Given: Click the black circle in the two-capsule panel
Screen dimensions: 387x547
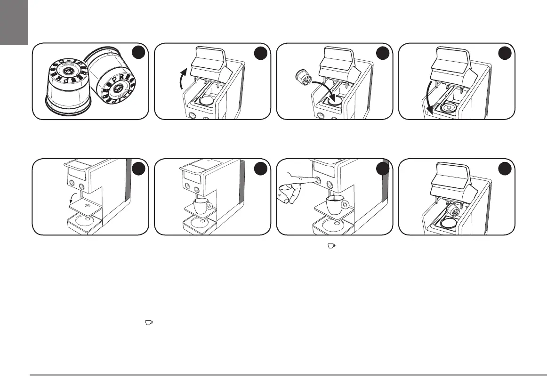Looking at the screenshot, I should coord(138,54).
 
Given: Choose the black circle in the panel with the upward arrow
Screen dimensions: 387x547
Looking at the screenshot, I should coord(260,54).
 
